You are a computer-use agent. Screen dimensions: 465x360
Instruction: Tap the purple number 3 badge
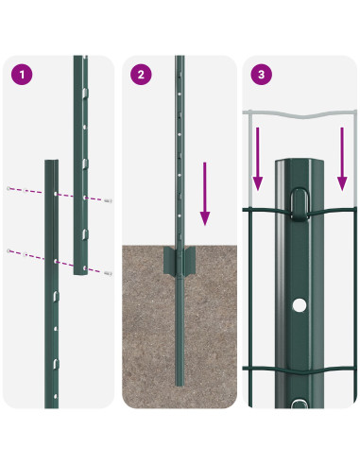261,73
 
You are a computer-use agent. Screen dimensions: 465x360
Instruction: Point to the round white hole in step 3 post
299,306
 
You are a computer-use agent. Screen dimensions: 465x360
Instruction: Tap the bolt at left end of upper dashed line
9,189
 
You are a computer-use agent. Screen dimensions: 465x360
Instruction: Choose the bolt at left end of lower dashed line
9,250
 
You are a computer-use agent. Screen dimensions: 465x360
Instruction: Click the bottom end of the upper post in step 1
82,273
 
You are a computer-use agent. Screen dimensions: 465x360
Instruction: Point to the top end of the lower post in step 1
51,162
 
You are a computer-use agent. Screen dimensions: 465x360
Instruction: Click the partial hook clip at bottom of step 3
299,404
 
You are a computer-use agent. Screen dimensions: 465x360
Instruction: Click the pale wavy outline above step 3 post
299,119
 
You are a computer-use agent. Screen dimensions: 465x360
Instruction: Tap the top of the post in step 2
179,60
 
